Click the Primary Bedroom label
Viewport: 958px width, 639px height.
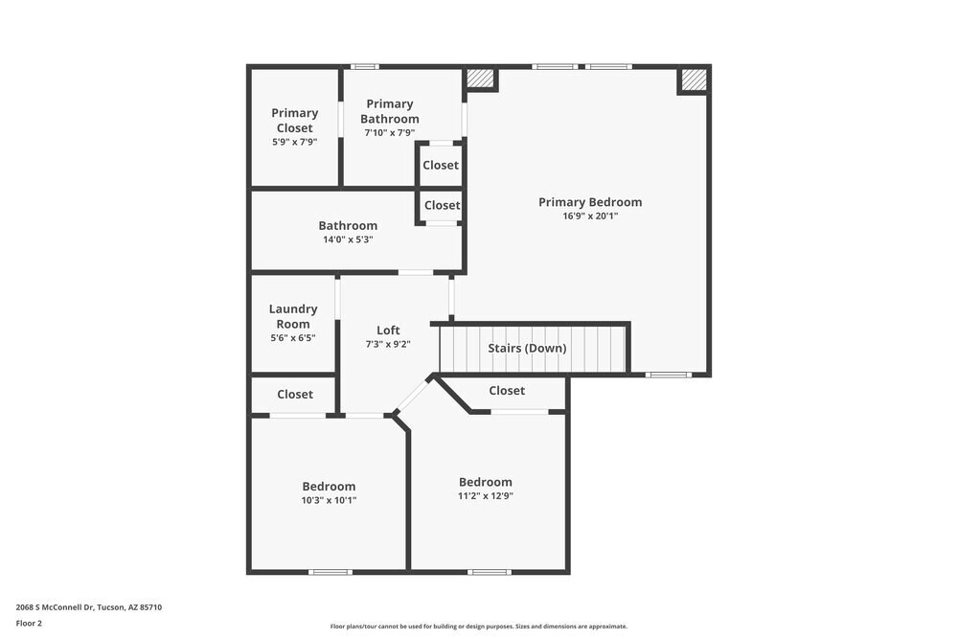pos(589,202)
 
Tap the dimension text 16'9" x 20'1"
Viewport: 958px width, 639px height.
pos(589,217)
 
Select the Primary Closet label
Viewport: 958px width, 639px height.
pos(294,121)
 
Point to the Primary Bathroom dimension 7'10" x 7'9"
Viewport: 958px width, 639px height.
pos(389,133)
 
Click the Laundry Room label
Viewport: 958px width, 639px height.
pos(293,316)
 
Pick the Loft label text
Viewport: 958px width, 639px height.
pos(388,331)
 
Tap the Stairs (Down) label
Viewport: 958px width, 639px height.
pos(527,348)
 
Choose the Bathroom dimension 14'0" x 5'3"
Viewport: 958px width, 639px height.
pos(348,240)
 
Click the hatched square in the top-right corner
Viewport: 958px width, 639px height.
pos(694,80)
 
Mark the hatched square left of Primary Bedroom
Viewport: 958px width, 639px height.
pos(480,79)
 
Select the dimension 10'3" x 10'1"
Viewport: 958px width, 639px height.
pos(329,500)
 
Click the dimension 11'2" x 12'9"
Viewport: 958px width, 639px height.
pos(485,496)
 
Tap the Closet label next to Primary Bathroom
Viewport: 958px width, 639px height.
pos(441,165)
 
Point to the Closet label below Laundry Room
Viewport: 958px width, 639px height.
pos(295,394)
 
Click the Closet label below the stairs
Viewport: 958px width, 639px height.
pos(507,390)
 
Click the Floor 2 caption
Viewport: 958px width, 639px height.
pos(29,623)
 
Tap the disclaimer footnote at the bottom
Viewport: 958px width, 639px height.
pos(479,627)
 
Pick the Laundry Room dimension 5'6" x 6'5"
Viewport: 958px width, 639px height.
pos(293,338)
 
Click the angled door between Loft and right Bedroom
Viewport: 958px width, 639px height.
pos(413,395)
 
